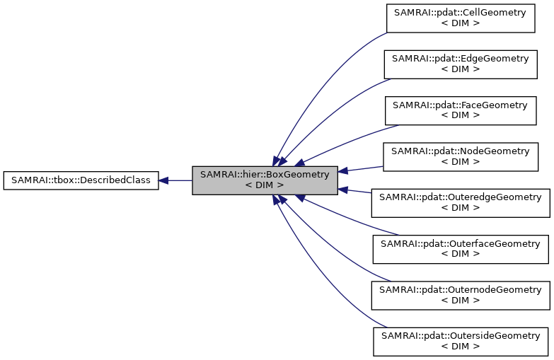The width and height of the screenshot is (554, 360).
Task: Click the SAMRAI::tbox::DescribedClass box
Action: (81, 180)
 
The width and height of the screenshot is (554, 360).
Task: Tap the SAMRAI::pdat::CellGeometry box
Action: (460, 18)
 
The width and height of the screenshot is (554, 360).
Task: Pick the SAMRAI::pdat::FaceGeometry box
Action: (460, 110)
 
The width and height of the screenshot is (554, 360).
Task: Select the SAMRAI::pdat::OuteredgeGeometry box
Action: (460, 202)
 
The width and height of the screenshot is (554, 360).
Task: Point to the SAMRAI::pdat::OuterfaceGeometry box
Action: (460, 248)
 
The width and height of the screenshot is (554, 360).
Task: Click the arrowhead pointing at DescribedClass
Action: (163, 180)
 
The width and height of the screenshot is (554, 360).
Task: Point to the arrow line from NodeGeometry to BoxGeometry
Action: (361, 168)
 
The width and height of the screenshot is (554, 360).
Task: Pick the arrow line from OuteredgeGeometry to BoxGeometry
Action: (361, 192)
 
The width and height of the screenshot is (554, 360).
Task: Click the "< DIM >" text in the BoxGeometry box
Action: (265, 185)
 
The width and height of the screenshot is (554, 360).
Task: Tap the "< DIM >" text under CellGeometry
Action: (460, 23)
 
